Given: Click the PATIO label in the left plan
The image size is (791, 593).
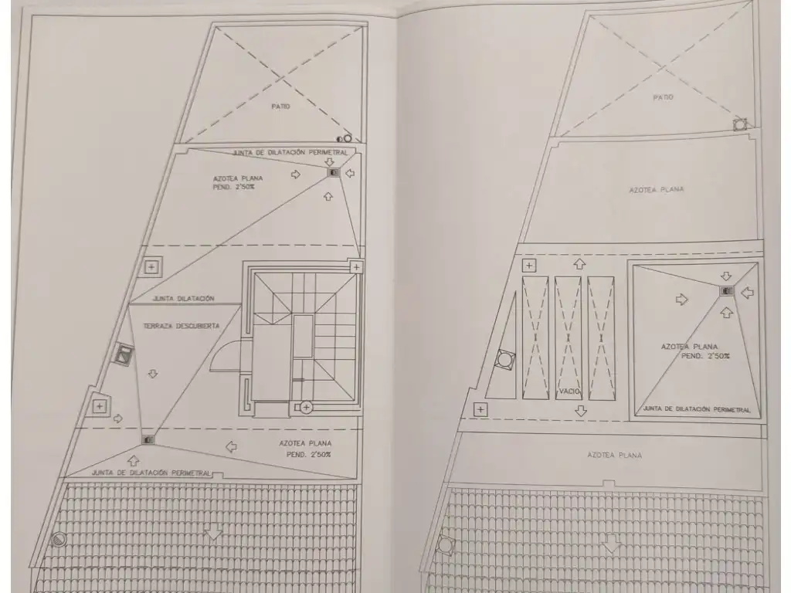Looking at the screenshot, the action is coord(280,107).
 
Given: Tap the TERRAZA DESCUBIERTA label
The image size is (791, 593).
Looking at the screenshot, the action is coord(182,327).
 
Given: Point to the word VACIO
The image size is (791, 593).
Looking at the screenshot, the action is coord(569,391).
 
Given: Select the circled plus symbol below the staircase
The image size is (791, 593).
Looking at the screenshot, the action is coord(306,407).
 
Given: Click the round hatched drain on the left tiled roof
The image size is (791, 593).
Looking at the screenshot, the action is coord(59,540).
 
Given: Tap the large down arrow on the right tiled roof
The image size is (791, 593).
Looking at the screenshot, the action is coord(612,544).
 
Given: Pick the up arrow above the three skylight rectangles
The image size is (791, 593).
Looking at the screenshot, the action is coord(579,264).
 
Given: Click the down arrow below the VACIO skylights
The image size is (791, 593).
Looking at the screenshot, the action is coord(581,411).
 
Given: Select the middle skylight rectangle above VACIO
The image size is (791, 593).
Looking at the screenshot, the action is coord(568,337).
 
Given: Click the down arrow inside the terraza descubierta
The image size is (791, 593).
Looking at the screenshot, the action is coord(153,374).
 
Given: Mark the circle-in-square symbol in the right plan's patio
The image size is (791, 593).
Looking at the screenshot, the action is coord(740,124).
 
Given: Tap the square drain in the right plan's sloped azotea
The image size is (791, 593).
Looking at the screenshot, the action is coord(726,291).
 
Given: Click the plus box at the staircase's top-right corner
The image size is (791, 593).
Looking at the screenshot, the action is coord(356,266).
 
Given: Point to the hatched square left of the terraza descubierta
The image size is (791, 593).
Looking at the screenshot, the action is coord(123,355).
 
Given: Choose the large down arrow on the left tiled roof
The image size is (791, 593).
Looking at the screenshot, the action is coord(214,534).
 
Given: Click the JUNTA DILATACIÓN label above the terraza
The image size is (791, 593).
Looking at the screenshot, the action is coord(184,299).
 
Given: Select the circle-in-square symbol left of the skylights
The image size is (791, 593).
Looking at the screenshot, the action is coord(504,360).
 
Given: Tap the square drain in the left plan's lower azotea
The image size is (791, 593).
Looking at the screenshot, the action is coord(148,439).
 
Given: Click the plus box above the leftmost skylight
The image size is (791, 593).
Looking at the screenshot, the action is coord(528,266).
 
